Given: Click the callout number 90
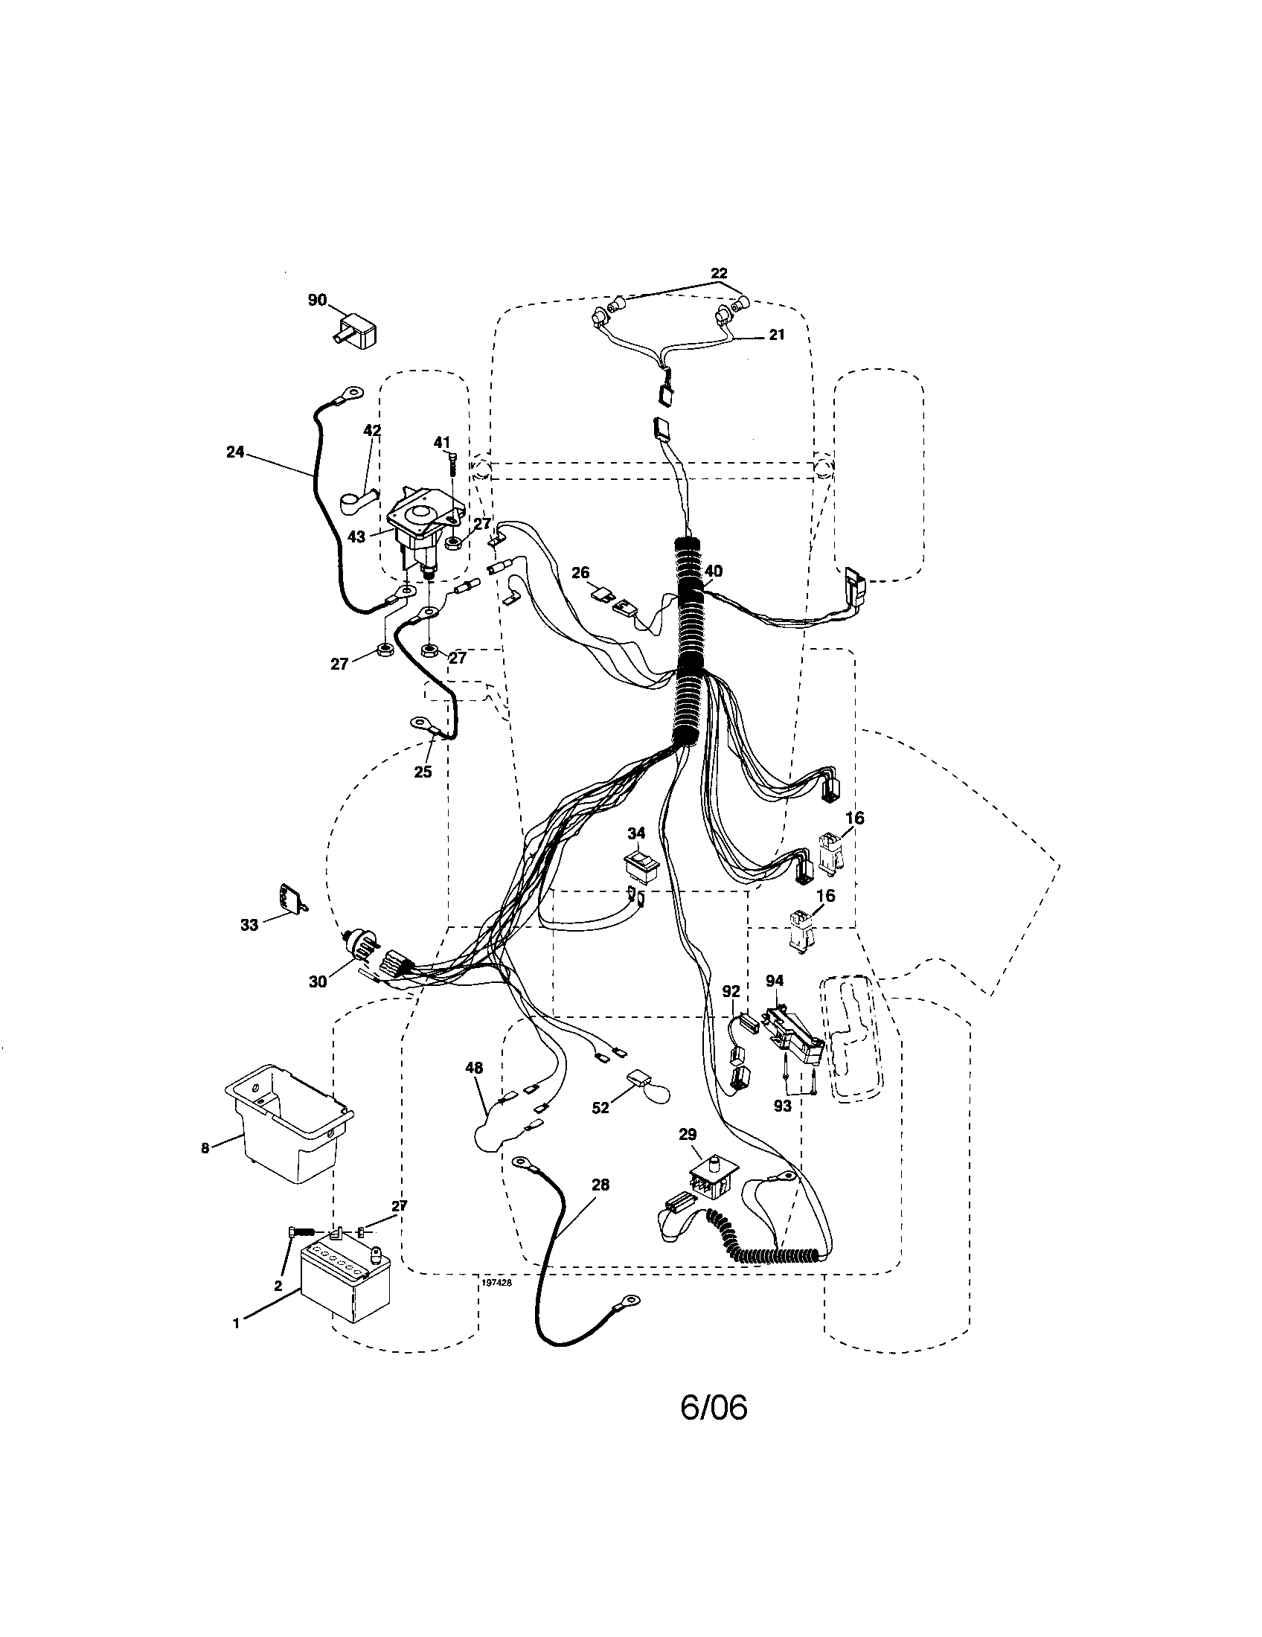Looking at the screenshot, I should click(317, 300).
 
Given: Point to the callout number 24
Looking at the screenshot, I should click(234, 452).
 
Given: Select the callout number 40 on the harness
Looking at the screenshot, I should click(713, 571).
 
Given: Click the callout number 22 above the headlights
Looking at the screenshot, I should click(719, 274).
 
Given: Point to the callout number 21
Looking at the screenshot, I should click(776, 335).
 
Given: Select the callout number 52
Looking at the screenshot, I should click(600, 1107).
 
